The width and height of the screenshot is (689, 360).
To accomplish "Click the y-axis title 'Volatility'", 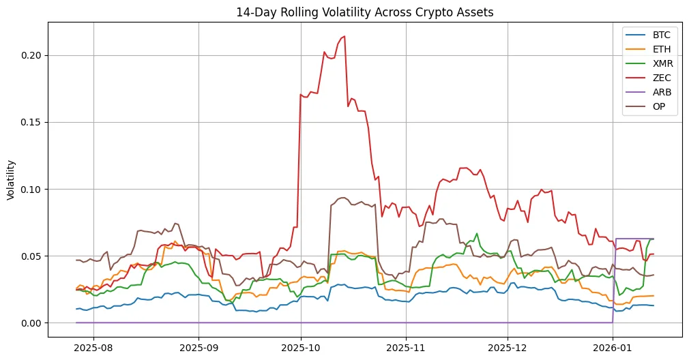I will (11, 179).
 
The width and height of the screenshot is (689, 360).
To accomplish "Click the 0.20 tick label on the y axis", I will (32, 55).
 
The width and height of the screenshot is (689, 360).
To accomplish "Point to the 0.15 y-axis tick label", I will (32, 122).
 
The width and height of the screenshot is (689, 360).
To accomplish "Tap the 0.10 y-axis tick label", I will (32, 189).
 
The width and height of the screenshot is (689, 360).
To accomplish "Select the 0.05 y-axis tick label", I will (32, 256).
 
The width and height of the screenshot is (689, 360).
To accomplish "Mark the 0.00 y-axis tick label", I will (32, 322).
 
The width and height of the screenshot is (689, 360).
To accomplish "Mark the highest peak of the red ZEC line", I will (344, 36).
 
